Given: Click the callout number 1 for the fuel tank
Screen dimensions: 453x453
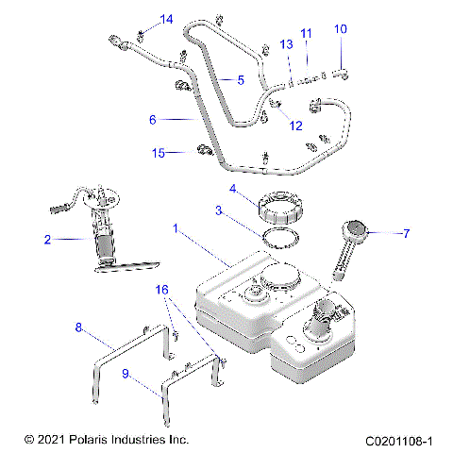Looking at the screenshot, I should [x=175, y=227].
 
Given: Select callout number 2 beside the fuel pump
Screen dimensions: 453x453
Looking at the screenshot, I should [x=47, y=240].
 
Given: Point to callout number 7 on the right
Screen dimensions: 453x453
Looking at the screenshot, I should [x=407, y=231].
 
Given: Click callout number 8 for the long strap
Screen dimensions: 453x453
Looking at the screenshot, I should [x=79, y=327].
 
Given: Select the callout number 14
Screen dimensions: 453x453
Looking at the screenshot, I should [x=166, y=19].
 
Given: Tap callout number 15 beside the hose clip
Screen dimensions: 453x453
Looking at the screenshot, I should [x=159, y=152].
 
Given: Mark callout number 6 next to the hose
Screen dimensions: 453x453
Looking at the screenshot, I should [x=152, y=120].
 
